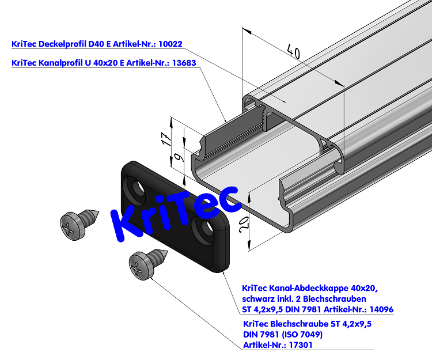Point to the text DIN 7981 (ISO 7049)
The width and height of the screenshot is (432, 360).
pos(283,334)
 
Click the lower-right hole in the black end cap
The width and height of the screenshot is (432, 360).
pos(207,230)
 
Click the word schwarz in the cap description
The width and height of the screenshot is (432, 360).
pos(259,298)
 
